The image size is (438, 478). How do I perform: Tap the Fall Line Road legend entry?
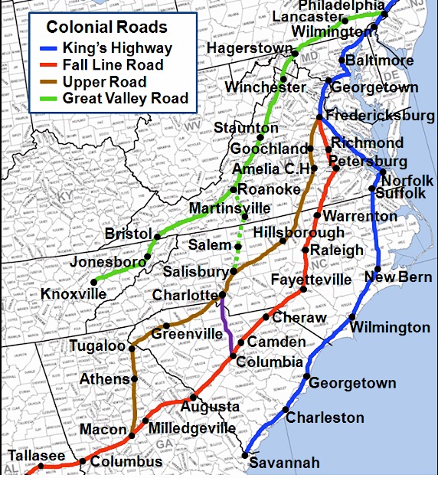116,66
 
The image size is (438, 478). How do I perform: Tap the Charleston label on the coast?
325,418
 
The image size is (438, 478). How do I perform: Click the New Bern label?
397,277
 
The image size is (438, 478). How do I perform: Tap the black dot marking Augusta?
192,396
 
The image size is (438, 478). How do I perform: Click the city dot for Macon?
132,435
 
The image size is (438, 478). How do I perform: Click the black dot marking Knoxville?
93,281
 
